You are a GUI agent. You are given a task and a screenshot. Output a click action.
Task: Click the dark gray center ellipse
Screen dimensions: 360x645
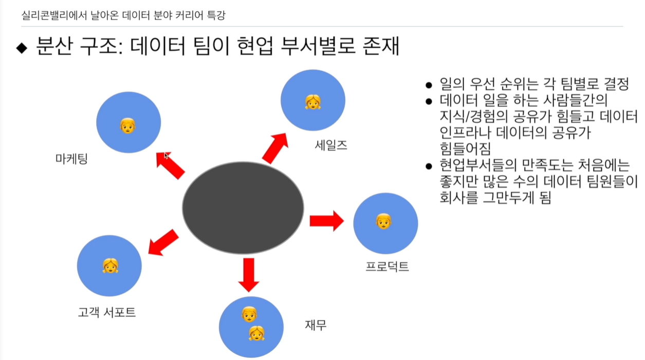coord(243,207)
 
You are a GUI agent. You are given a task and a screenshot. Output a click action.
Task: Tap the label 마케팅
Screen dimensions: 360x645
coord(71,159)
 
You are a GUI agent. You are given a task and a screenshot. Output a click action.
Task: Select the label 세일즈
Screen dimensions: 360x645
coord(331,145)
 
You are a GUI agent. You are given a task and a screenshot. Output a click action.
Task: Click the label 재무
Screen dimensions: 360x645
coord(316,325)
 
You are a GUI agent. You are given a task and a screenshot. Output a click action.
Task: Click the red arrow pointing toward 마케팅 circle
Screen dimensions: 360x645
coord(170,165)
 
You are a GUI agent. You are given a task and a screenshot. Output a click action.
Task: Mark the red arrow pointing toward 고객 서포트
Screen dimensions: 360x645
coord(163,242)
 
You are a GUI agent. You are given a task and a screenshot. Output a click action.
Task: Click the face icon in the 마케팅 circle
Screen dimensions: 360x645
coord(127,125)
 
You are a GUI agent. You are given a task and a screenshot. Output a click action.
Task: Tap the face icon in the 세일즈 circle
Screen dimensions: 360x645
coord(312,102)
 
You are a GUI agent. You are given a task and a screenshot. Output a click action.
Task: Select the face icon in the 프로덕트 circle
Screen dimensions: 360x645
coord(383,221)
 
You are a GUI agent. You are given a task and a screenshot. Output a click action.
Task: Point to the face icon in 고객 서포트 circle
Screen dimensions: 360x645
coord(110,265)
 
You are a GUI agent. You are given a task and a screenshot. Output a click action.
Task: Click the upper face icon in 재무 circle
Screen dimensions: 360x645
coord(249,314)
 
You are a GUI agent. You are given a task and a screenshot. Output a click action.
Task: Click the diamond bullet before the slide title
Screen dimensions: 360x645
coord(22,48)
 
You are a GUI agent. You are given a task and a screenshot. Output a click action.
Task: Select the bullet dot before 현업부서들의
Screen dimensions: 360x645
coord(429,166)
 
